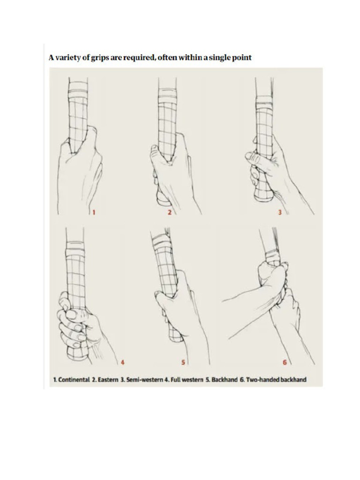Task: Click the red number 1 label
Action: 93,212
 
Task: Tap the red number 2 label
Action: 170,212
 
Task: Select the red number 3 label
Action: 280,212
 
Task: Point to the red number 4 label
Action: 122,362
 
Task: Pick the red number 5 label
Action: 183,362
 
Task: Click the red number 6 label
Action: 284,362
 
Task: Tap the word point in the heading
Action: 241,58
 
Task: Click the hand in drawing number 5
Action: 180,309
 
